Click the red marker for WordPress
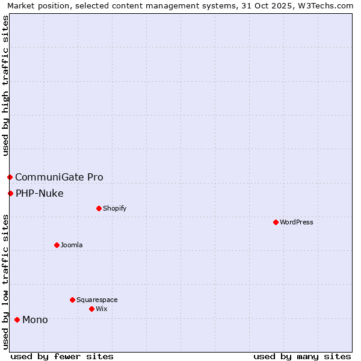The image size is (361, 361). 276,222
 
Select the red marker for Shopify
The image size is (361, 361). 99,208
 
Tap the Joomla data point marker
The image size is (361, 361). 57,245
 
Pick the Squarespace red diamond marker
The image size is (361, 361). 72,300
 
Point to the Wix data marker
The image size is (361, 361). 91,309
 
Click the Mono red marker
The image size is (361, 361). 17,319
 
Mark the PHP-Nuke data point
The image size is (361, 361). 10,193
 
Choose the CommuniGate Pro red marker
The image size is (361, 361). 10,177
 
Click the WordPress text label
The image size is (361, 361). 297,222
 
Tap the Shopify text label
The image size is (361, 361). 114,208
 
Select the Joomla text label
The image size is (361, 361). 72,245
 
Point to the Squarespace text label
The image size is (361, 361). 97,300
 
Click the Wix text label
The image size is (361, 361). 101,309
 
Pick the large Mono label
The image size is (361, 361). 35,319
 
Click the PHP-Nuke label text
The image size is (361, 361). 40,193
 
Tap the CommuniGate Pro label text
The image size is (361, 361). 59,177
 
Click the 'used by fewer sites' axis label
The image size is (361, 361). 62,356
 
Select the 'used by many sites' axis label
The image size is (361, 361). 302,356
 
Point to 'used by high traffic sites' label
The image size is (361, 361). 5,85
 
